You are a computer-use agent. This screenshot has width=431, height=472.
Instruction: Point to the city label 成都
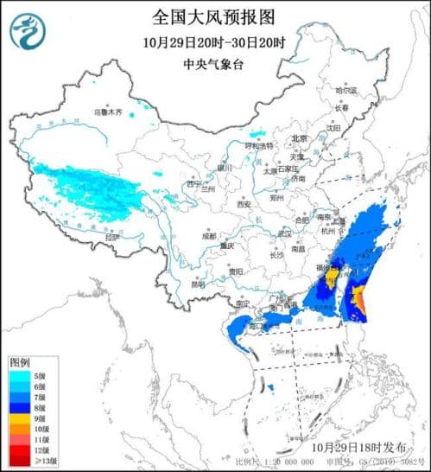(x=210, y=235)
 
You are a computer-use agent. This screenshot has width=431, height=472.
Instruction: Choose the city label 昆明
(x=199, y=284)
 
